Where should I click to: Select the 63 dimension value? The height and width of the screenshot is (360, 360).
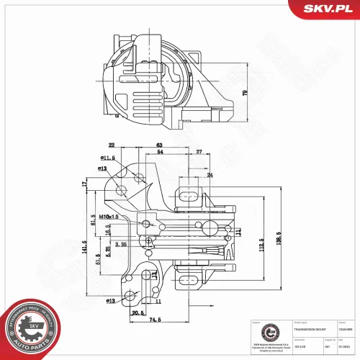[158, 145]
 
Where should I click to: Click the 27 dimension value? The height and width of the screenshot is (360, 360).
[199, 153]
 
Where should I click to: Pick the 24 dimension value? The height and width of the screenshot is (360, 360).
[210, 175]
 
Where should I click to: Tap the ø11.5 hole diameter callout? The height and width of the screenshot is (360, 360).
[109, 158]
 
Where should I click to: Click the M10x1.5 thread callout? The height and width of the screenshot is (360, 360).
[109, 217]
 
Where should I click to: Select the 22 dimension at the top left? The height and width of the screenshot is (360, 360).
[112, 145]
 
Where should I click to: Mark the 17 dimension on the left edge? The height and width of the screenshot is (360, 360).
[84, 185]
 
